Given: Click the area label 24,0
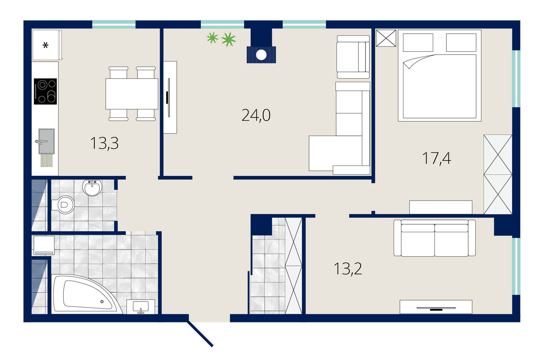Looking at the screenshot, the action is coord(256,115).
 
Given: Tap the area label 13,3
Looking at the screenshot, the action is coord(104,143).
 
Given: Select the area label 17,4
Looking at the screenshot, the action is coord(437,158).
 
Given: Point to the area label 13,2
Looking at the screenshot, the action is coord(348,269).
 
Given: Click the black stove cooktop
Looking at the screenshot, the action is coord(45,92).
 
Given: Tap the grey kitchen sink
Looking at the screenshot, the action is coord(46,141).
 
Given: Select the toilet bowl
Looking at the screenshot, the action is coord(63,205).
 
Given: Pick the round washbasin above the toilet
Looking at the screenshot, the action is coord(92,188).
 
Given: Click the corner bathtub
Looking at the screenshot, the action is coord(86,294).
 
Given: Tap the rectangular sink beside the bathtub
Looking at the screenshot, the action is coord(141,307).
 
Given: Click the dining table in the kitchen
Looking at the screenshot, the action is coord(132,94).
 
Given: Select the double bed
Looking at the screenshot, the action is coord(440,75).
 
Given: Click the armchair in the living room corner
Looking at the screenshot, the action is coord(353,57).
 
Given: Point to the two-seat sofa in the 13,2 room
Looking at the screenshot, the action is coord(435,238).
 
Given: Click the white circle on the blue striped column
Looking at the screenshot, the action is coord(261,55).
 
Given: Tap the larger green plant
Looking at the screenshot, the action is coord(228,39).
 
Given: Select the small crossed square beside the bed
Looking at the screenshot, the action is coord(386,38).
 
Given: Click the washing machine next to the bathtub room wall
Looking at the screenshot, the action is coord(44,245).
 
